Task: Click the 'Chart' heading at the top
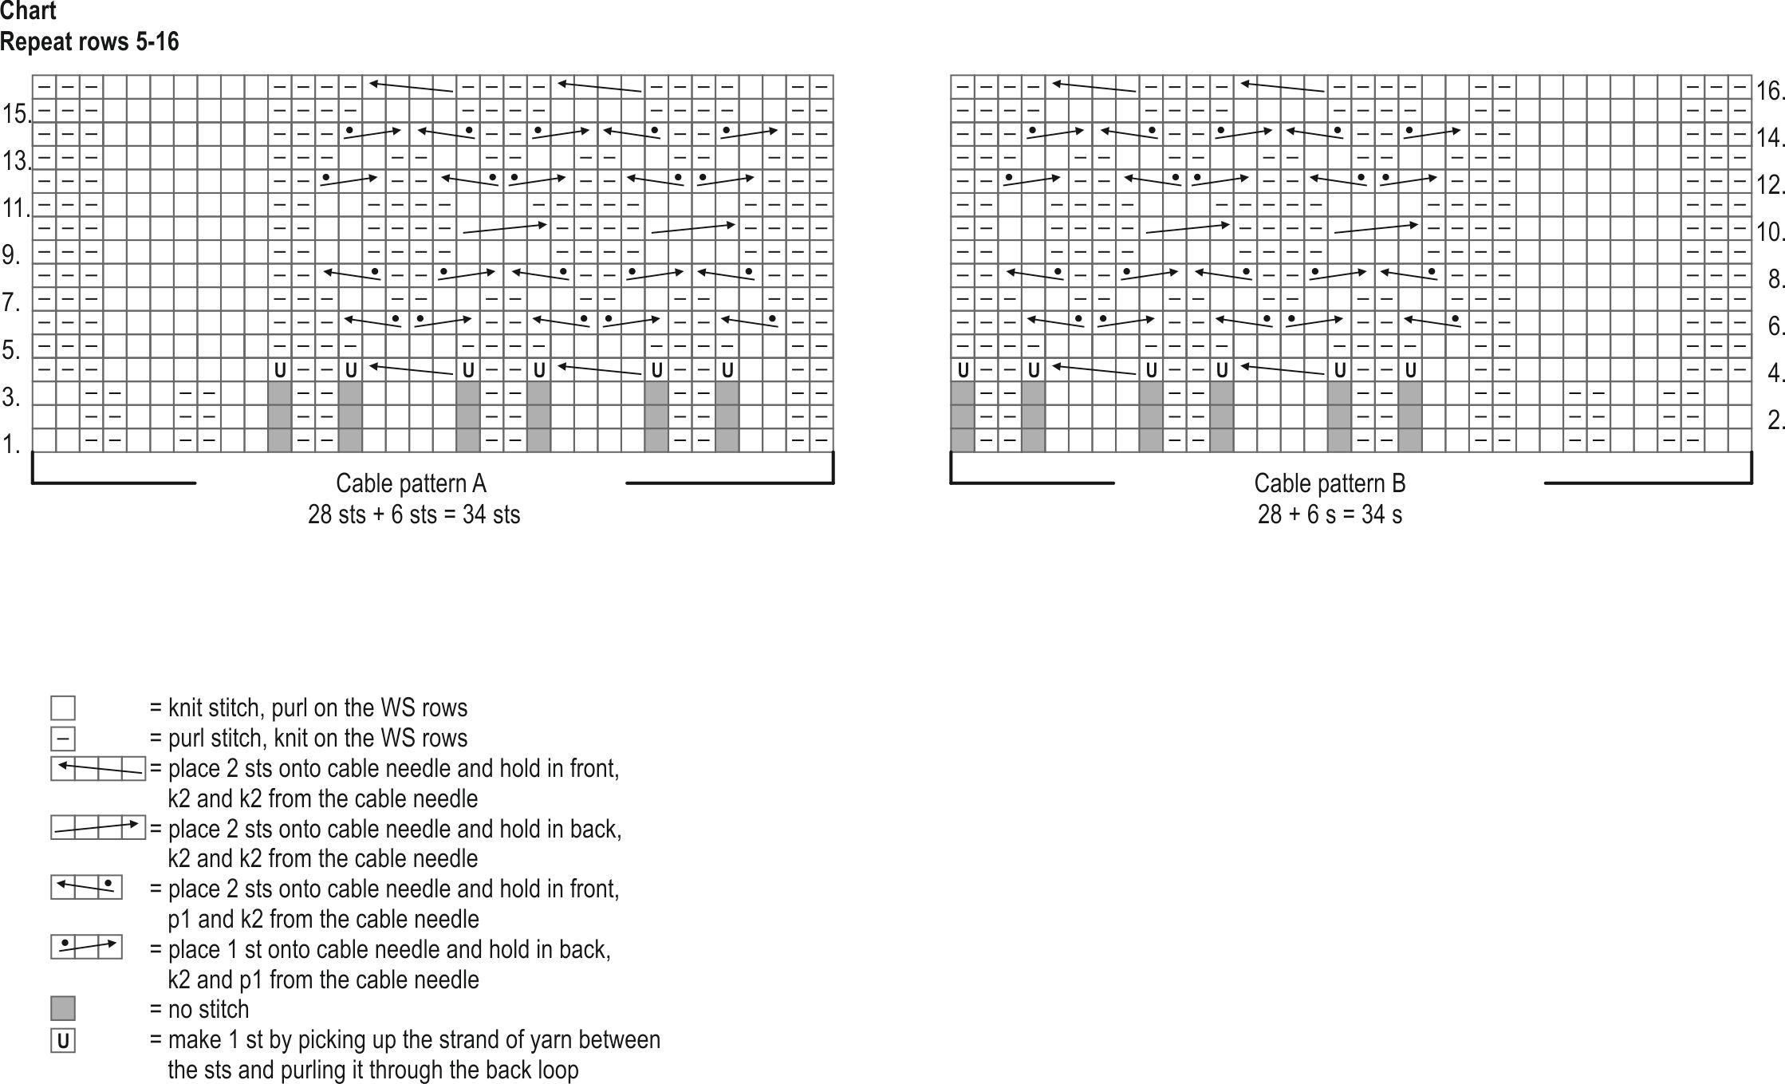pos(29,12)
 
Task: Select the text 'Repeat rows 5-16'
pos(89,41)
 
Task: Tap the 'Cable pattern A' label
pos(411,483)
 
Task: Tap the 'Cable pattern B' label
pos(1330,483)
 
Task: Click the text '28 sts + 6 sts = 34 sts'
pos(414,514)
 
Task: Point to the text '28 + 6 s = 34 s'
pos(1330,514)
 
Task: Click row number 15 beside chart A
pos(15,114)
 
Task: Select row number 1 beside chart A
pos(10,444)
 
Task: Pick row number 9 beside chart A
pos(10,255)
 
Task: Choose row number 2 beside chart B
pos(1775,420)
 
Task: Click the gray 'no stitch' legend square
pos(63,1009)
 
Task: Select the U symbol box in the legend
pos(63,1041)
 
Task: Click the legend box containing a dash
pos(63,739)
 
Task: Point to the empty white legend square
pos(63,708)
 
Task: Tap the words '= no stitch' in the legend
pos(199,1010)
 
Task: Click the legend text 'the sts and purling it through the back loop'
pos(373,1070)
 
